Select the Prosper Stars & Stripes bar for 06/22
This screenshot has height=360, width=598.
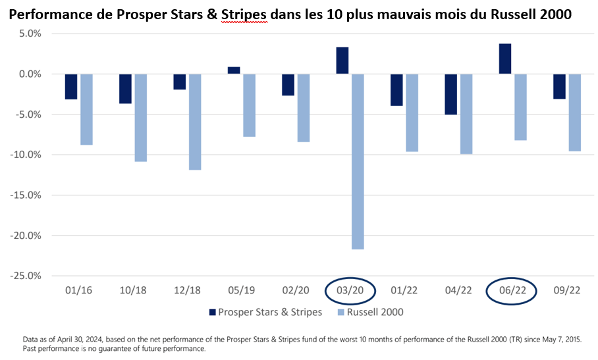(x=505, y=59)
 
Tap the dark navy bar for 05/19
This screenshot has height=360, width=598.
(x=234, y=70)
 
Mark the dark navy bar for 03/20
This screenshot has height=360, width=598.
(x=342, y=61)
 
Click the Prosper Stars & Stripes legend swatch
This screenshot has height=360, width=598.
(x=212, y=312)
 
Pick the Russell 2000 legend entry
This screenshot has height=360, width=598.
(x=369, y=312)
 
